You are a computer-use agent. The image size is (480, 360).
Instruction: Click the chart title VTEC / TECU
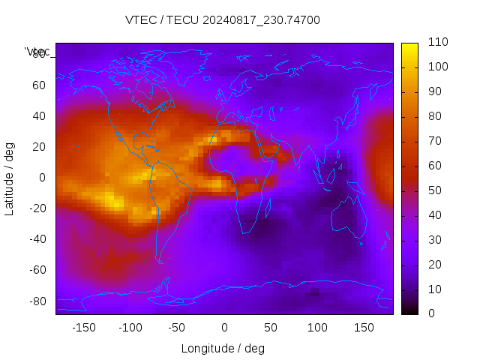point(222,20)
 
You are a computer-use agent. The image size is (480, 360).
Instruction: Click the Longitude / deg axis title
point(223,349)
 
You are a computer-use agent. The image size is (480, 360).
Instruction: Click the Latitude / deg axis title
point(10,178)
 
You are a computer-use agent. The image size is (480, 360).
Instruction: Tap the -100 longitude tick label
point(130,328)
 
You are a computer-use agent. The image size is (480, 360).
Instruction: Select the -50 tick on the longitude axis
point(177,328)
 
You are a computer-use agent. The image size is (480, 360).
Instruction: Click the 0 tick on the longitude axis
point(224,328)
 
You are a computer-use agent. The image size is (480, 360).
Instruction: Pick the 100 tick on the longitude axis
point(317,328)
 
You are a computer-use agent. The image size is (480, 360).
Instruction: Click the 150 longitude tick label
point(364,328)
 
